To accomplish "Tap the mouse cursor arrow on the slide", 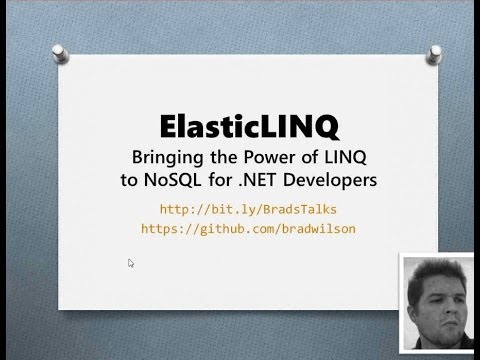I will pyautogui.click(x=130, y=263).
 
